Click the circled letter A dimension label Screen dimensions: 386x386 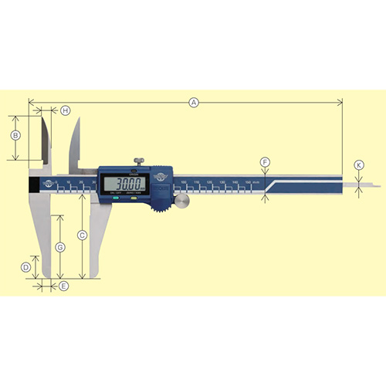click(194, 101)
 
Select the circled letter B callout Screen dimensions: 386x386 click(15, 136)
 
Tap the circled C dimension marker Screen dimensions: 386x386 click(82, 233)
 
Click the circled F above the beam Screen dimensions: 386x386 click(265, 162)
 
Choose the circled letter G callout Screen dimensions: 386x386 click(60, 246)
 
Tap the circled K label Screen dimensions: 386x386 click(358, 165)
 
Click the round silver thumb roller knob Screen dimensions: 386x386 click(184, 201)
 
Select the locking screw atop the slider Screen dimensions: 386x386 click(140, 162)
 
